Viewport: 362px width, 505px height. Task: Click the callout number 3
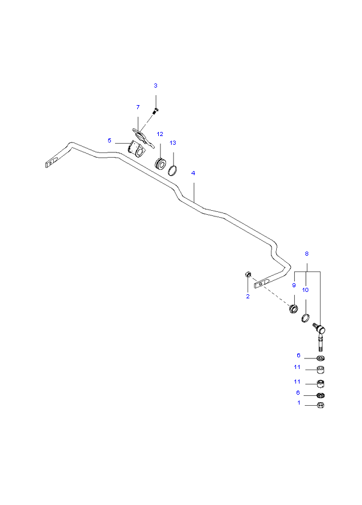[155, 86]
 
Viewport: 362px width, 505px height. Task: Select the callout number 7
[138, 107]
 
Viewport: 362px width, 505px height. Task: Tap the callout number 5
[110, 141]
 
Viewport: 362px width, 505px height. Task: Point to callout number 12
[160, 134]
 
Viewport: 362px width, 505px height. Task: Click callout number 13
[173, 142]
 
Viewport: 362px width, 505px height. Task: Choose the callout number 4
[193, 173]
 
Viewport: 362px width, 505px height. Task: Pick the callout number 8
[307, 254]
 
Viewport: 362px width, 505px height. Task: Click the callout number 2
[248, 297]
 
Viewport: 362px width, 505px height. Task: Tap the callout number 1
[299, 403]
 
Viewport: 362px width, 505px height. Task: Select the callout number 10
[305, 290]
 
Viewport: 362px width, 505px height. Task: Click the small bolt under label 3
[156, 111]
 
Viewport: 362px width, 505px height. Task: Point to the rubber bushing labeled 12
[160, 163]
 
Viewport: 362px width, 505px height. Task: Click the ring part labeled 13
[173, 170]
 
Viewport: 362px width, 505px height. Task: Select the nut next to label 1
[321, 405]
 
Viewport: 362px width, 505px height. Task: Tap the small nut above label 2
[248, 274]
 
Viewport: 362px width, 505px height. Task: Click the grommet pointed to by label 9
[293, 308]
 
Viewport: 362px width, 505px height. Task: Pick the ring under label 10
[305, 318]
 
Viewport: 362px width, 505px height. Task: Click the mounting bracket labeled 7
[142, 137]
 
